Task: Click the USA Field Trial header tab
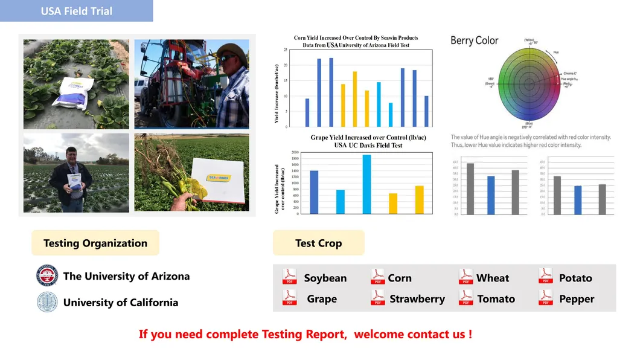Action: click(76, 11)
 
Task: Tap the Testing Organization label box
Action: click(95, 243)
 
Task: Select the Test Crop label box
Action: click(318, 243)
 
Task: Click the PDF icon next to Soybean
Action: click(289, 277)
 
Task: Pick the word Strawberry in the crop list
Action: click(417, 298)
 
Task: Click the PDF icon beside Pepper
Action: click(546, 297)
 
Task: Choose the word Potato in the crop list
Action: click(575, 278)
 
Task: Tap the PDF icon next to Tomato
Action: click(466, 297)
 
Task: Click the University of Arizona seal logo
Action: click(46, 275)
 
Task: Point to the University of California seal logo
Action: click(46, 301)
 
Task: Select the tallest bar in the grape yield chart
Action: click(366, 184)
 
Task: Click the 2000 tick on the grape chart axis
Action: click(295, 153)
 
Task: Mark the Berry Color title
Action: click(475, 40)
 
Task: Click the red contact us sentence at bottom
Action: click(306, 334)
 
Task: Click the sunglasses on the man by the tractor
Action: click(226, 58)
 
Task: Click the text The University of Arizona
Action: click(126, 276)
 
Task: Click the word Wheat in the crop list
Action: click(492, 278)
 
